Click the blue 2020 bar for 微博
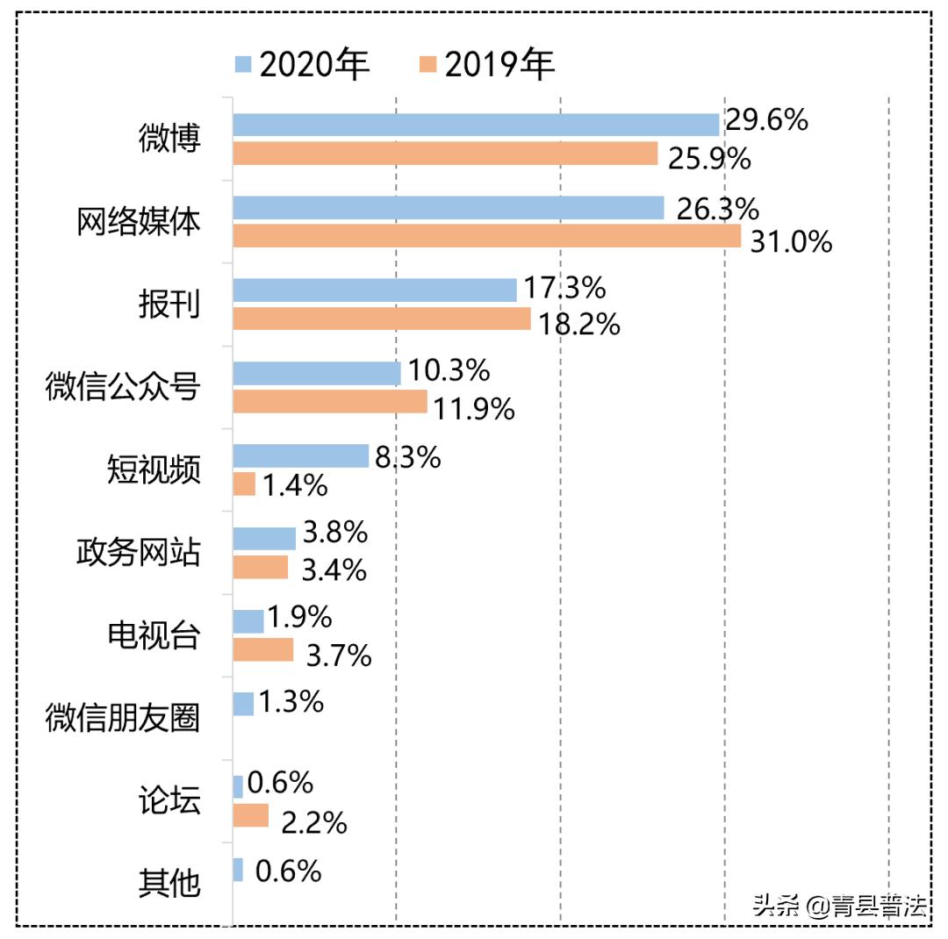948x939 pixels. click(476, 125)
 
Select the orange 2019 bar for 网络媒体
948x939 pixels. click(486, 237)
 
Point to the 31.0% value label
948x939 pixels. click(791, 241)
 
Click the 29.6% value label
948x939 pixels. click(766, 120)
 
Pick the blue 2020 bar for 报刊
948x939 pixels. click(375, 290)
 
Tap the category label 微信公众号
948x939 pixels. click(123, 387)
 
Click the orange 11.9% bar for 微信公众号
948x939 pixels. click(330, 402)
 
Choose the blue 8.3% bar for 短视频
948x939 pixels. click(301, 455)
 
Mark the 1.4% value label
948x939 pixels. click(295, 485)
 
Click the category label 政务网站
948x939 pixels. click(138, 553)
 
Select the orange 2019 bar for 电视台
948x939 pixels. click(263, 649)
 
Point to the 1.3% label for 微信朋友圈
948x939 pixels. click(292, 702)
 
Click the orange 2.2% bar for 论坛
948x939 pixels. click(251, 815)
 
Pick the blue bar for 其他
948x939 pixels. click(238, 870)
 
